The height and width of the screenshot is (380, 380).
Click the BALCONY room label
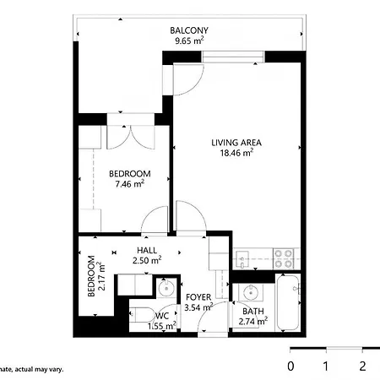(189, 30)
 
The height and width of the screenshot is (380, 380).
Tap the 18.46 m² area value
(236, 153)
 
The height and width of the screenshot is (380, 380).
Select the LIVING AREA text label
(236, 143)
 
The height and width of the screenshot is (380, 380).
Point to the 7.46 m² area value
(130, 183)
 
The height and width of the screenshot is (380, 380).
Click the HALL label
(147, 250)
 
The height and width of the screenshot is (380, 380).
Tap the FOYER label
(198, 297)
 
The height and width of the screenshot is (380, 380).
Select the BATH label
(253, 312)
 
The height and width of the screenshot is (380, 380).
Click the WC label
(162, 316)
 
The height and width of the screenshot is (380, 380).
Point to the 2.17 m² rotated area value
(101, 276)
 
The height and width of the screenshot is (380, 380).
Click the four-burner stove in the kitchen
(283, 258)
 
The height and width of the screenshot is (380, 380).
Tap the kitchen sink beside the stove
(242, 259)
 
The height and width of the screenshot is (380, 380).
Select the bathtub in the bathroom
(287, 302)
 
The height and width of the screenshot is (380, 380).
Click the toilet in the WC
(142, 315)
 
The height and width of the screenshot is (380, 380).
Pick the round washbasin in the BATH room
(250, 293)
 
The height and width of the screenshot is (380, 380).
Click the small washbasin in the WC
(166, 288)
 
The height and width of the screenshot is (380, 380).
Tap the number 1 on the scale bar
(326, 366)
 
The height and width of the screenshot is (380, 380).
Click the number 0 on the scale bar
(290, 366)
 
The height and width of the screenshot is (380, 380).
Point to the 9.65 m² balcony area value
(189, 41)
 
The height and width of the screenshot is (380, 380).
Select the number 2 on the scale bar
(362, 366)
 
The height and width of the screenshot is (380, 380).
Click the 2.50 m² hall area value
(147, 260)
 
